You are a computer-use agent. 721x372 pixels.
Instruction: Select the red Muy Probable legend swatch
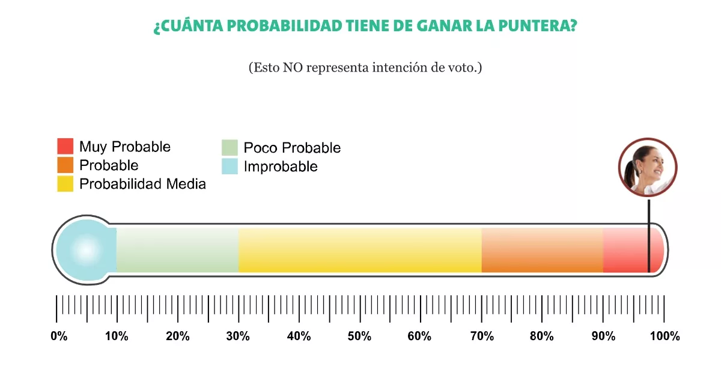(65, 147)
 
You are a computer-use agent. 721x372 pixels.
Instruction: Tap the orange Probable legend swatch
(65, 165)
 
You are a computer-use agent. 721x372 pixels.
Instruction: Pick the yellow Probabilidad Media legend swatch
(65, 184)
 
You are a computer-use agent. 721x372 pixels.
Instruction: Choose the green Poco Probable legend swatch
(230, 148)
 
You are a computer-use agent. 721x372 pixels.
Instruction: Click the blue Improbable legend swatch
(230, 166)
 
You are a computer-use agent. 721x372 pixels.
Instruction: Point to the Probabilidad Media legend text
(142, 184)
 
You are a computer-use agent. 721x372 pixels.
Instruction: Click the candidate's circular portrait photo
(648, 167)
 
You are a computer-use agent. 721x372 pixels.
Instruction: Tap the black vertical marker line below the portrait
(649, 234)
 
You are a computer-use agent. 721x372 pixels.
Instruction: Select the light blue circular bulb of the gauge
(85, 249)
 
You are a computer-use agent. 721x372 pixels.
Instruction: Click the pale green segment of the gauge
(177, 250)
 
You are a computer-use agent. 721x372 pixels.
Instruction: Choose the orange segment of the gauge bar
(542, 250)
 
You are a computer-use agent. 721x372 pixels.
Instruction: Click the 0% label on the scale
(59, 337)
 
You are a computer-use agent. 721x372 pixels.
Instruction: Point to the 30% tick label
(238, 337)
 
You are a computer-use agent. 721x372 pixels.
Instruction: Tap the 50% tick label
(359, 337)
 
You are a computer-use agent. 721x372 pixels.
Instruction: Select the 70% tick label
(481, 337)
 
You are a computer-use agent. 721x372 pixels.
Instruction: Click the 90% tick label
(603, 337)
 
